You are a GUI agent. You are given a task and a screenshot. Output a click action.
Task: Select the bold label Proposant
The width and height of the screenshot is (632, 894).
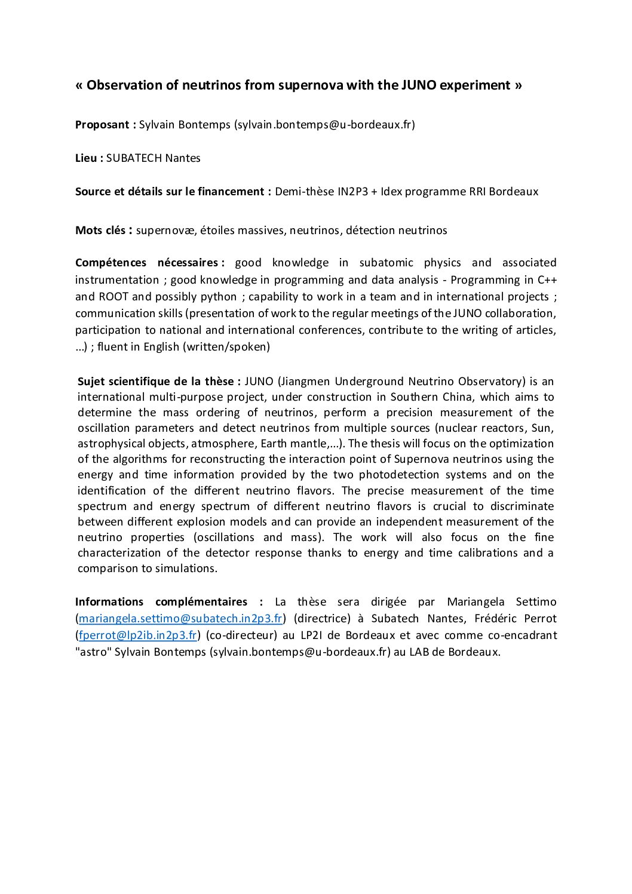click(x=103, y=125)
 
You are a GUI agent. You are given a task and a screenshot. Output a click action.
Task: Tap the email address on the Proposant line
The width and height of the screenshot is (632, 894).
click(x=324, y=125)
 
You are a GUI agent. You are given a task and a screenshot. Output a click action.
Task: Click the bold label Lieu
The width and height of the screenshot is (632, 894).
click(x=87, y=158)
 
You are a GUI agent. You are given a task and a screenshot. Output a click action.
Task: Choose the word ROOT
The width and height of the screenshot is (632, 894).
click(x=113, y=297)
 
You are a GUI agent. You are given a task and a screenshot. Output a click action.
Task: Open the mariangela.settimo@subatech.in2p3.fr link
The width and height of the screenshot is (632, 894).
click(x=180, y=619)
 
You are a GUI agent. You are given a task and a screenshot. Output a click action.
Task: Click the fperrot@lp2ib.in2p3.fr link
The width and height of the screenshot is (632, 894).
click(x=138, y=635)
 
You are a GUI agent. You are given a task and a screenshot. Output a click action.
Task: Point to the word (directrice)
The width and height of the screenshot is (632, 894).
click(x=322, y=619)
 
